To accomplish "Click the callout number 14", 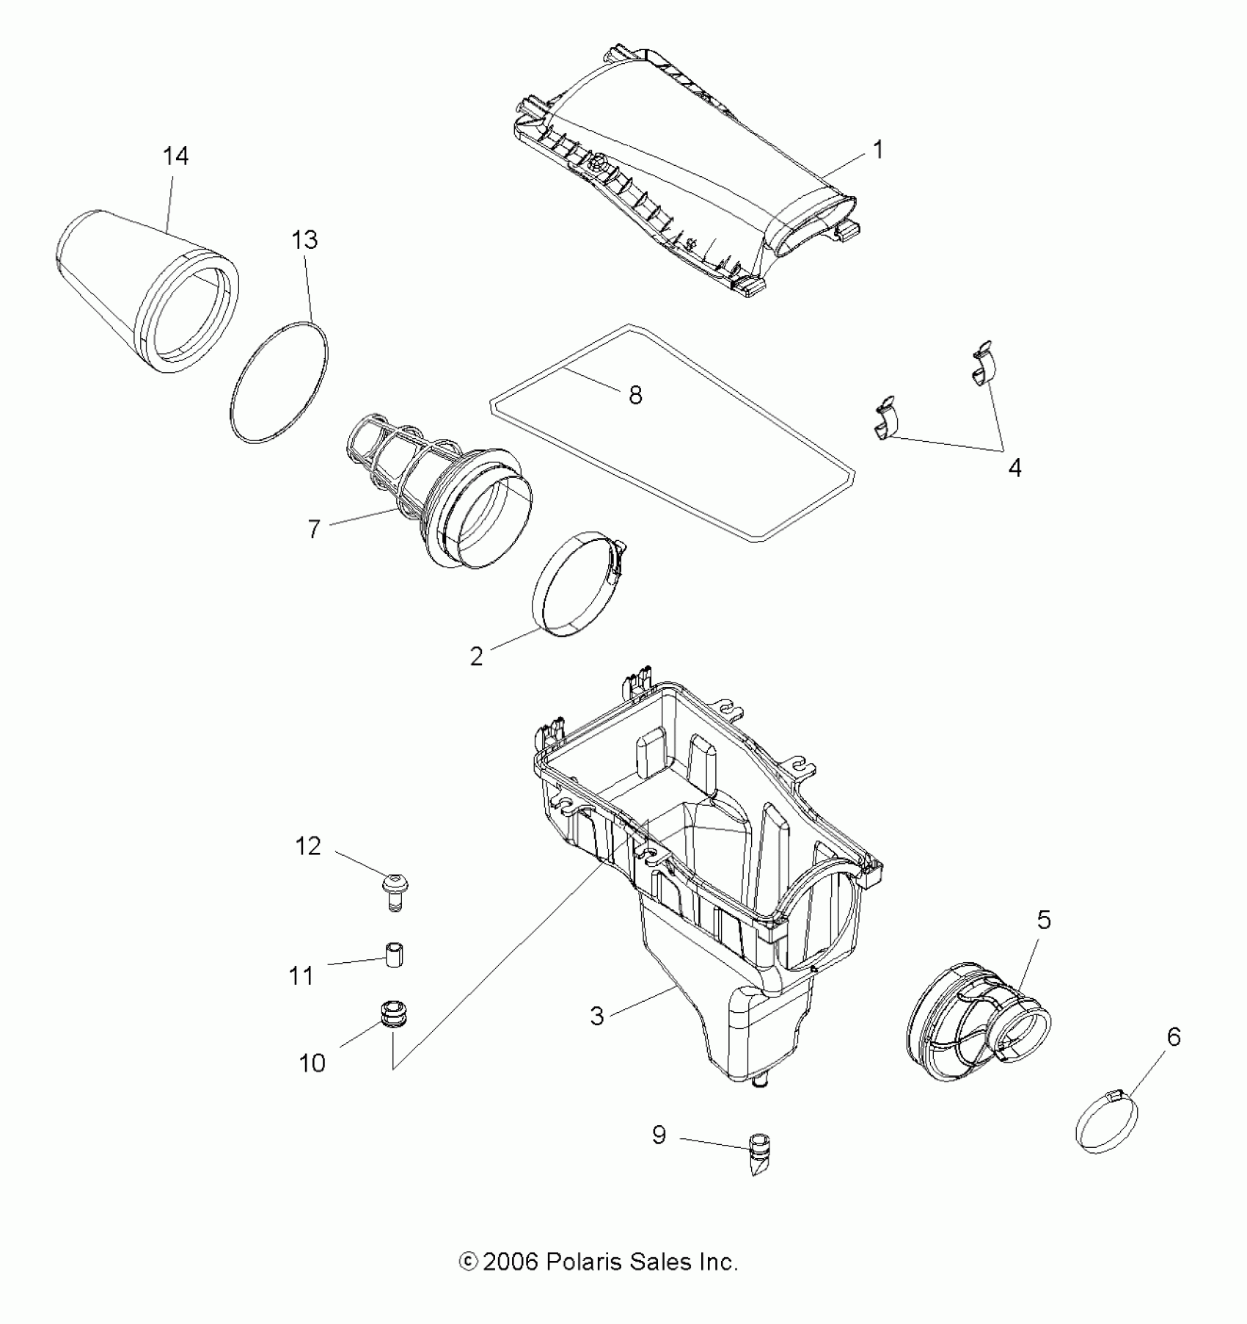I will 175,156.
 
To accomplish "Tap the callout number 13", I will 304,240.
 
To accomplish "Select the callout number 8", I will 635,396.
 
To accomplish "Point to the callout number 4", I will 1014,468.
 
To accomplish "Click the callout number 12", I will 308,846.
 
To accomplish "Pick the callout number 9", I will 659,1135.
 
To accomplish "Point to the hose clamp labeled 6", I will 1107,1123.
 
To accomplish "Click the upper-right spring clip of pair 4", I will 981,363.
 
